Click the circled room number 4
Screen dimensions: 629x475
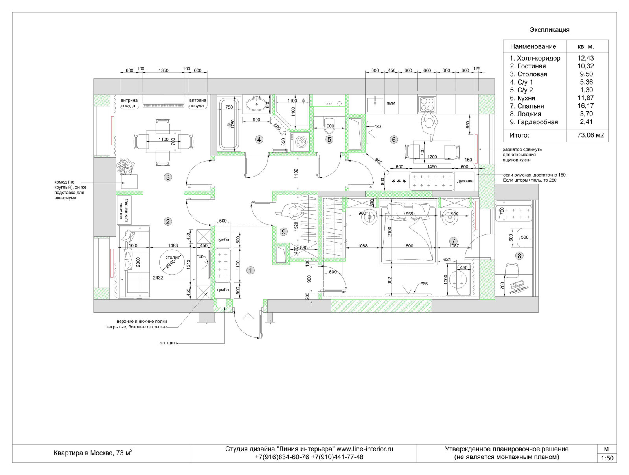[259, 140]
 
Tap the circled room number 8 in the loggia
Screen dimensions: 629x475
[519, 256]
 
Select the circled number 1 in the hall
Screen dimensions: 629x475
[250, 270]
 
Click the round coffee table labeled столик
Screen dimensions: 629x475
[172, 262]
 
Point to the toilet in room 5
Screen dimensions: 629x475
[329, 125]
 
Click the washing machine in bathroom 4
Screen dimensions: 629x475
[300, 142]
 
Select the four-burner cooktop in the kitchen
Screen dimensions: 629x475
[427, 105]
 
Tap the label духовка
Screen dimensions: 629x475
[465, 181]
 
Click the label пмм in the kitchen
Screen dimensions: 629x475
[391, 103]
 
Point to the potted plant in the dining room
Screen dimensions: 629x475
[125, 166]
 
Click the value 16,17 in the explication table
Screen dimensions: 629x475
[585, 106]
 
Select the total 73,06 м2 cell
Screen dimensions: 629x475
[590, 135]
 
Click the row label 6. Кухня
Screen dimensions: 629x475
[522, 98]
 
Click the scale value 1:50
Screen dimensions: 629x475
[607, 458]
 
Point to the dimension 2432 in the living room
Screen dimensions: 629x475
[158, 277]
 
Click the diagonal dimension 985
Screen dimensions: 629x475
[378, 161]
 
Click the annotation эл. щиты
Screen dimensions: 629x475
[169, 343]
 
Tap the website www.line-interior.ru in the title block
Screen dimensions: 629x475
[364, 449]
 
